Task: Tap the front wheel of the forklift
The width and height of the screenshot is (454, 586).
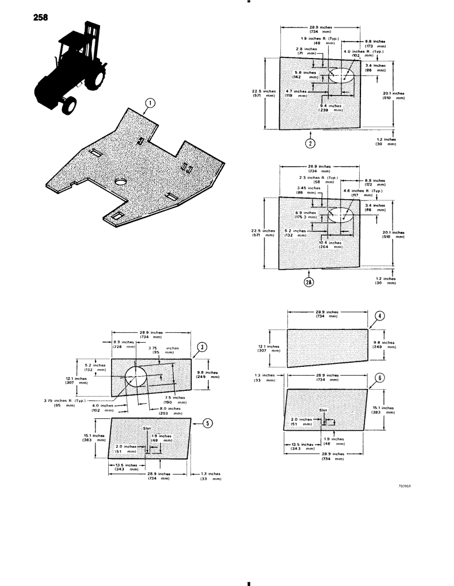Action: pyautogui.click(x=69, y=104)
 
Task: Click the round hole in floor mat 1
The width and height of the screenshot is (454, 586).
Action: pyautogui.click(x=121, y=182)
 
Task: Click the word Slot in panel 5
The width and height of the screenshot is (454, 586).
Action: pyautogui.click(x=147, y=428)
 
